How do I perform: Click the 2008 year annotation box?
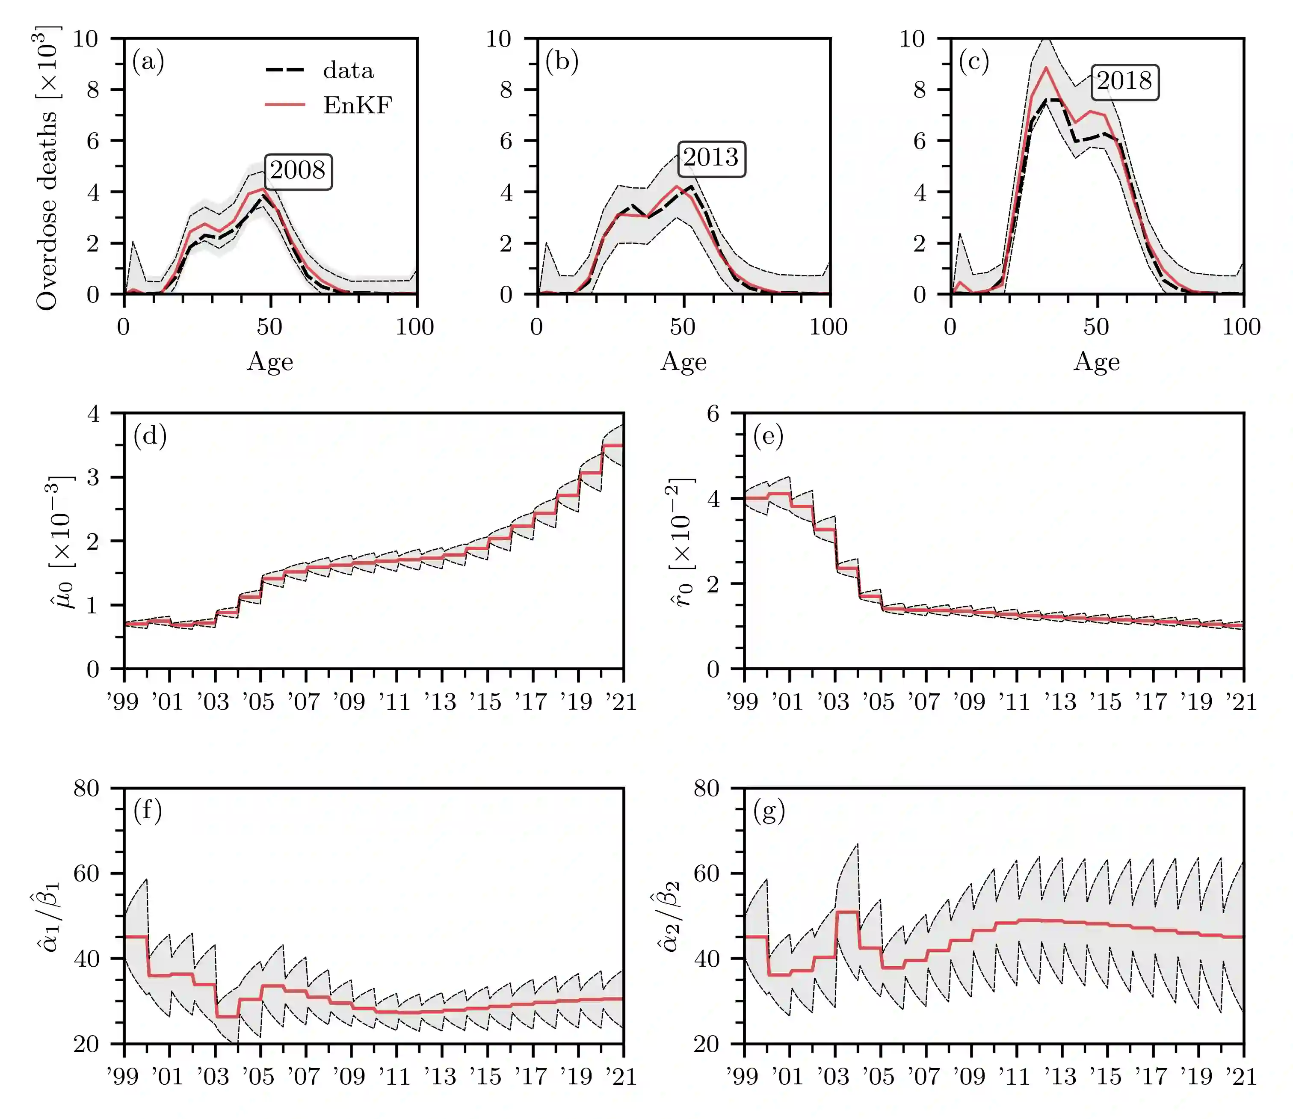[x=298, y=171]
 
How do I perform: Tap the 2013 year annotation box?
[x=711, y=158]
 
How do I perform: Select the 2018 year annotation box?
[x=1124, y=82]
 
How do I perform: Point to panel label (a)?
[x=148, y=62]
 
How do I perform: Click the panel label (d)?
[x=150, y=436]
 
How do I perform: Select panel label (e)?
[x=769, y=436]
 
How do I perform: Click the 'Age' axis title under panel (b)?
[x=683, y=362]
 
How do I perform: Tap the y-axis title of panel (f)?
[x=49, y=916]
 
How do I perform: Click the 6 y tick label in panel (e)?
[x=713, y=413]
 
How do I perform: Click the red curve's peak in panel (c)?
[x=1046, y=68]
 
